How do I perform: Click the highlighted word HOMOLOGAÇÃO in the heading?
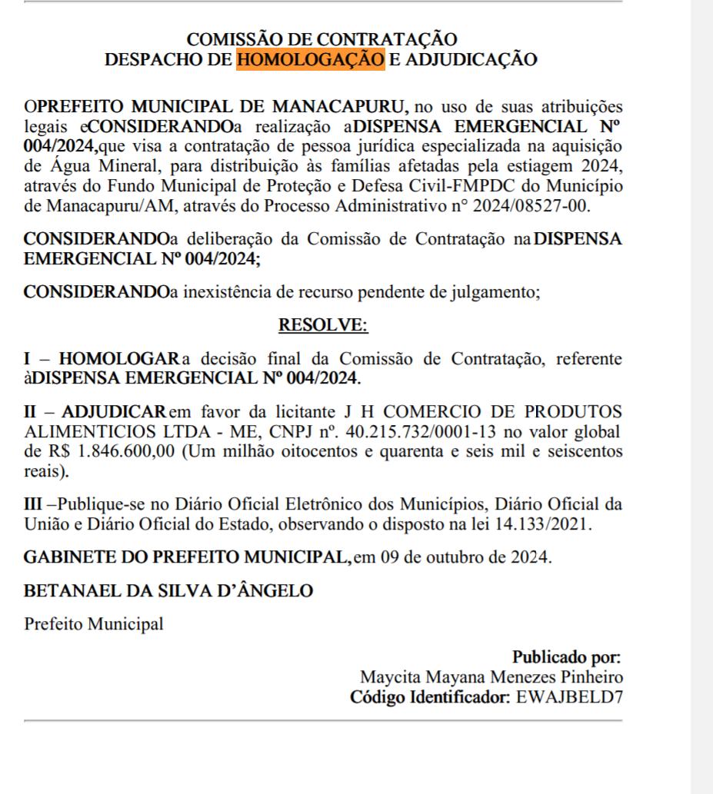tap(310, 59)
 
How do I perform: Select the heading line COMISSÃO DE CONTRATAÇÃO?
tap(322, 40)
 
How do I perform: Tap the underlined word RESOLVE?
tap(322, 325)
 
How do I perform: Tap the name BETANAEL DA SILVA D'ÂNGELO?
tap(169, 590)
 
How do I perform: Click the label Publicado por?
tap(567, 658)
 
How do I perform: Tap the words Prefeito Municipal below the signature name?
tap(94, 623)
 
